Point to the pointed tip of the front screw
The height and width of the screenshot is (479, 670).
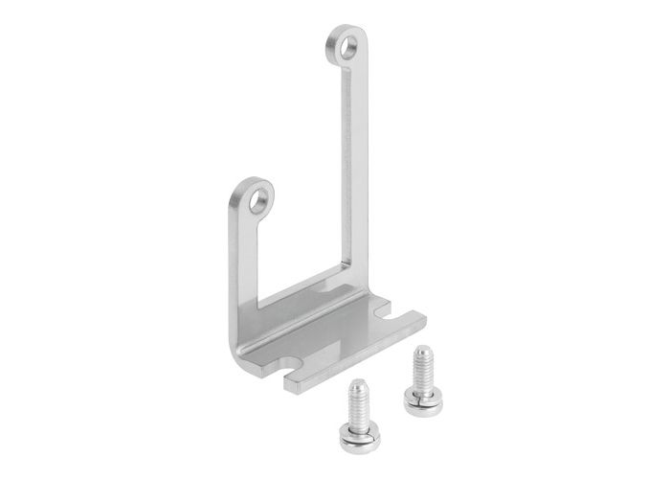[x=357, y=383]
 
